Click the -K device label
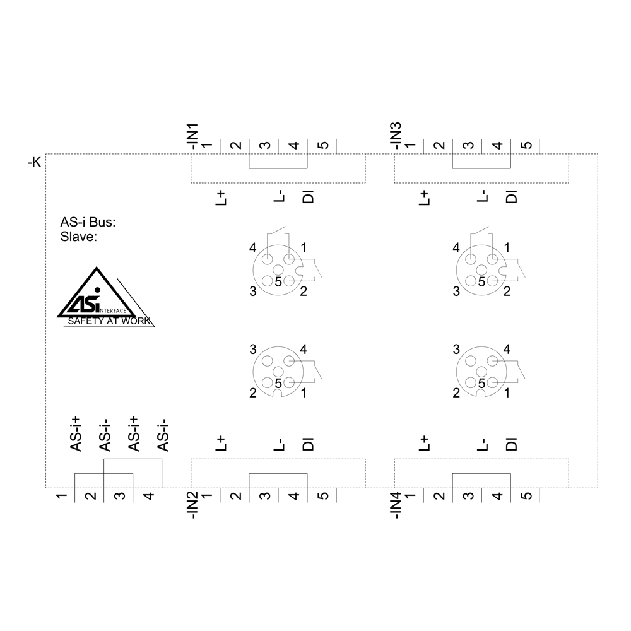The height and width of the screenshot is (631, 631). pyautogui.click(x=34, y=162)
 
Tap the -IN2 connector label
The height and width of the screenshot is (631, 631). pyautogui.click(x=192, y=505)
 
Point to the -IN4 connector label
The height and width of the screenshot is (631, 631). pyautogui.click(x=396, y=505)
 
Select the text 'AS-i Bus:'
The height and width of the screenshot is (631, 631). pyautogui.click(x=88, y=223)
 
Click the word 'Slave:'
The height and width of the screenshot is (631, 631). pyautogui.click(x=78, y=237)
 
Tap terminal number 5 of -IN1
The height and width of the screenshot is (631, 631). pyautogui.click(x=322, y=146)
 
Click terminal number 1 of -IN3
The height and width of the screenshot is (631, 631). pyautogui.click(x=410, y=146)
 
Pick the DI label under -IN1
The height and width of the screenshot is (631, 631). pyautogui.click(x=309, y=198)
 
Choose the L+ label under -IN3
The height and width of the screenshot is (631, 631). pyautogui.click(x=425, y=198)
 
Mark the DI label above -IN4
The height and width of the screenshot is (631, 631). pyautogui.click(x=512, y=444)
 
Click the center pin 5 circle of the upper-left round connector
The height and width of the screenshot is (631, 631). pyautogui.click(x=278, y=270)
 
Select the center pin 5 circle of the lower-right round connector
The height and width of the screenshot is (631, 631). pyautogui.click(x=481, y=371)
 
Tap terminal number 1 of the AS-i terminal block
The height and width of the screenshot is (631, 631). pyautogui.click(x=61, y=496)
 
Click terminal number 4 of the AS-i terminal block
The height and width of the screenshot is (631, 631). pyautogui.click(x=148, y=496)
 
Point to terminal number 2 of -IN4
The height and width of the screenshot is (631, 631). pyautogui.click(x=439, y=496)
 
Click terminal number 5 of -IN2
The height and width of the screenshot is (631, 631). pyautogui.click(x=322, y=496)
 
